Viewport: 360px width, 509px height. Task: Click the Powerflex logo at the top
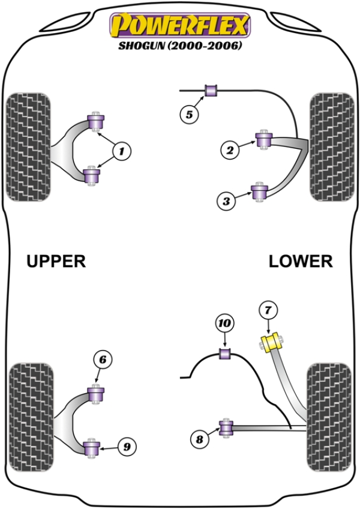pos(178,25)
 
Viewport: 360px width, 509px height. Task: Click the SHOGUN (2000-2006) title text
pos(178,46)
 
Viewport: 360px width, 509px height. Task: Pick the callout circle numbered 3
pos(226,202)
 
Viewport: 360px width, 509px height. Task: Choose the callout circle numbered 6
pos(103,360)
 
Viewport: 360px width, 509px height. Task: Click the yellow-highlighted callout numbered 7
pos(268,310)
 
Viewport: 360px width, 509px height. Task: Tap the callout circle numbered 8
pos(199,439)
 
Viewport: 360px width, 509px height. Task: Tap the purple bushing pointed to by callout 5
pos(211,91)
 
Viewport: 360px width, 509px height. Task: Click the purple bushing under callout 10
pos(226,353)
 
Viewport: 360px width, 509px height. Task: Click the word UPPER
pos(56,261)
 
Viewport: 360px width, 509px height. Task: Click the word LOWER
pos(300,261)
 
